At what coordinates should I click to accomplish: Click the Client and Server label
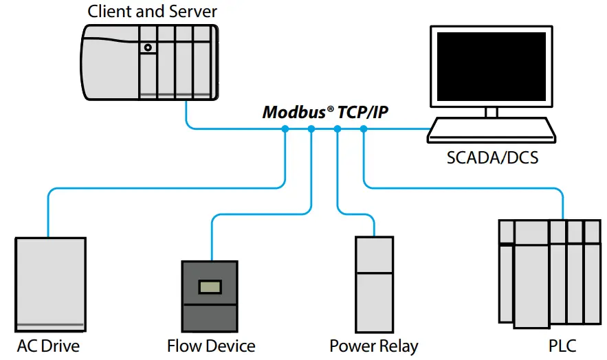click(153, 11)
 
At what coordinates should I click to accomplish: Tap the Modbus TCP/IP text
click(325, 112)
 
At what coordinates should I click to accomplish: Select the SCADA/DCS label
click(492, 157)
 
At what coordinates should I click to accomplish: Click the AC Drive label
click(48, 345)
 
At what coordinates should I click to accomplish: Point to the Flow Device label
click(211, 346)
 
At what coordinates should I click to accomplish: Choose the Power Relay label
click(373, 346)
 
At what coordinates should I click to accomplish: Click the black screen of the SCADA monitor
click(491, 66)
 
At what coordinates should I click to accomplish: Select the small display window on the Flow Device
click(210, 286)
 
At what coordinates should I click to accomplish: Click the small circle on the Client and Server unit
click(148, 47)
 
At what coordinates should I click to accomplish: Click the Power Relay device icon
click(374, 283)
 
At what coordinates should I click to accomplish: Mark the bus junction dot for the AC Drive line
click(285, 128)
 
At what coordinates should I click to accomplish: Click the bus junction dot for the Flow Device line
click(311, 128)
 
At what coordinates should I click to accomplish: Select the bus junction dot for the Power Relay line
click(337, 128)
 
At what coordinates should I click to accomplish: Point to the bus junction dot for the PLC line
click(364, 128)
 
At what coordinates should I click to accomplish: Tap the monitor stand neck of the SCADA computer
click(491, 112)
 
